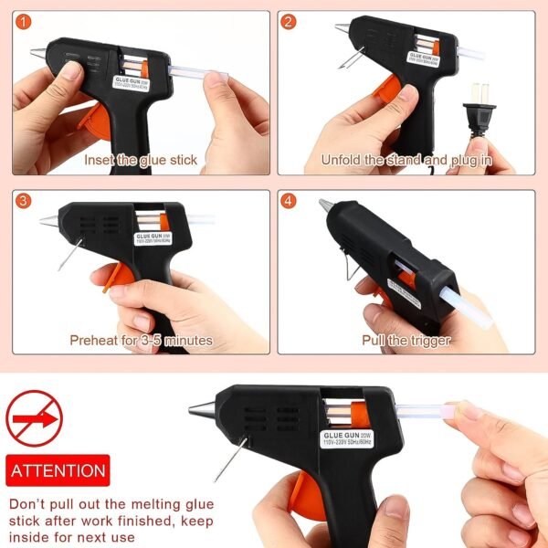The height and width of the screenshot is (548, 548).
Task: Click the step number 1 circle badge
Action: [x=25, y=22]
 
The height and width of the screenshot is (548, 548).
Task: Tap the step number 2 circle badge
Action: [x=289, y=22]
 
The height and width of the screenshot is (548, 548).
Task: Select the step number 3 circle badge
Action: [x=25, y=201]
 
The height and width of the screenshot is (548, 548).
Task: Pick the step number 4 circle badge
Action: [x=289, y=201]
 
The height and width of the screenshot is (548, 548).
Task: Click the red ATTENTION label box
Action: [x=58, y=471]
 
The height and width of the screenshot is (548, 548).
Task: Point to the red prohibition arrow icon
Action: [x=34, y=419]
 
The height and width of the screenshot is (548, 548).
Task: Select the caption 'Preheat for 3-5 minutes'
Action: [x=141, y=341]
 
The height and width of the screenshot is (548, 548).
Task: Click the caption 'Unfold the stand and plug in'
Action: [x=406, y=160]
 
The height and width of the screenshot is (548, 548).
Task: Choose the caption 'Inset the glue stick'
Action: [x=141, y=160]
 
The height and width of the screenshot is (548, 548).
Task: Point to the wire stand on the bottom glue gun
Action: [x=231, y=459]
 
